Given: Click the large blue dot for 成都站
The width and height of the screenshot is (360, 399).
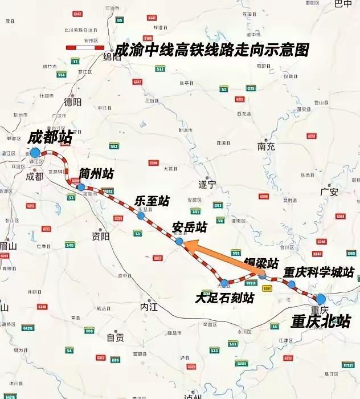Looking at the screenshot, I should coord(35,153).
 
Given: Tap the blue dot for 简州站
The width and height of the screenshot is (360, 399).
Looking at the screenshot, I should coord(81,187).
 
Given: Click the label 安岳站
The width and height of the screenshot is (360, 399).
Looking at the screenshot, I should coord(189,227).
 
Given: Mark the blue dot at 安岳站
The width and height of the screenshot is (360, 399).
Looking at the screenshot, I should coord(179,242).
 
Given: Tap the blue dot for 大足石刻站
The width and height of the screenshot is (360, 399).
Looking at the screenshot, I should coord(224,283).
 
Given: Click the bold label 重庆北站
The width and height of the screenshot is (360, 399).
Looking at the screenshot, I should coord(321,321).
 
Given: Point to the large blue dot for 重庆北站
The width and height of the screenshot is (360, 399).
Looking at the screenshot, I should coord(321,299).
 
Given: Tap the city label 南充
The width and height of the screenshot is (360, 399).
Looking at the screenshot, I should coord(266,146).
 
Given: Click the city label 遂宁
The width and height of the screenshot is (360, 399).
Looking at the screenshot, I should coord(207,185).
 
